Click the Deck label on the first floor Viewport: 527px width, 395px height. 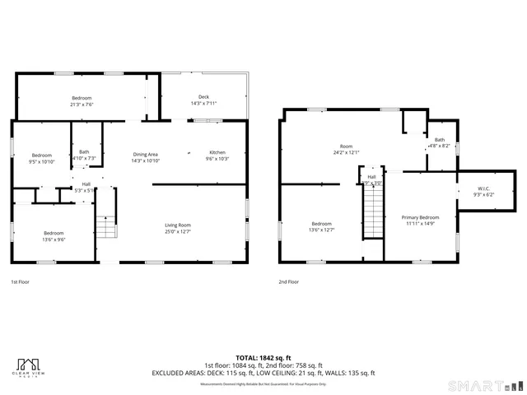(203, 97)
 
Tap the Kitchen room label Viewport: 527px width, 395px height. (217, 152)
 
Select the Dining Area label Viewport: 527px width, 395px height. (145, 154)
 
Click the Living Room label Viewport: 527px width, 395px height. (178, 225)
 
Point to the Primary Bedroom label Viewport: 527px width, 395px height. (420, 217)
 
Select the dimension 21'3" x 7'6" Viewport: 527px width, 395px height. (81, 105)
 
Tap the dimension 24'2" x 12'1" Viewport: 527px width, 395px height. (347, 152)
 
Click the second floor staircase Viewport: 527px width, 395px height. (373, 211)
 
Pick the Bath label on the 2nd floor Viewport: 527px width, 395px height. (440, 140)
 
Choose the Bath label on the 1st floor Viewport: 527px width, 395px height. (84, 151)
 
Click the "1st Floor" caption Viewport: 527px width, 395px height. (21, 281)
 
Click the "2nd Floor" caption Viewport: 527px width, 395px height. (288, 281)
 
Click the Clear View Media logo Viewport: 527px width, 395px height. (30, 368)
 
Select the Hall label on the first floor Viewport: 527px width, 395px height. (86, 184)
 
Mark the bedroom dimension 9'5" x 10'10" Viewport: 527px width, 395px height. (41, 162)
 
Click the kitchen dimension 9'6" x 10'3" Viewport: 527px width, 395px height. (217, 159)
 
